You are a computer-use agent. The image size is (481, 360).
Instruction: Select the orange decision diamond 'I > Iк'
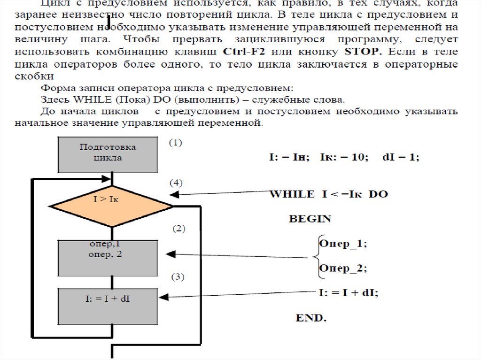[x=111, y=206]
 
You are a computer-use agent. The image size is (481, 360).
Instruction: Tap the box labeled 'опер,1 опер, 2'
[x=108, y=258]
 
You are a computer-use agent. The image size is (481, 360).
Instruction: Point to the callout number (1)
[x=175, y=143]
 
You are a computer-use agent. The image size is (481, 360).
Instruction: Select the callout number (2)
[x=178, y=229]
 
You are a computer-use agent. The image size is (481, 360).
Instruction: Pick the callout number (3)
[x=177, y=276]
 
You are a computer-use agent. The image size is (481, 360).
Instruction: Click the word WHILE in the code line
[x=291, y=194]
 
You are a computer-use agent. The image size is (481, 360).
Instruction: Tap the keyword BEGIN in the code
[x=310, y=219]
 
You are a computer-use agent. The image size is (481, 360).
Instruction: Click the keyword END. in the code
[x=310, y=318]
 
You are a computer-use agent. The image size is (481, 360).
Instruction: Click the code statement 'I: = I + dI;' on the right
[x=348, y=293]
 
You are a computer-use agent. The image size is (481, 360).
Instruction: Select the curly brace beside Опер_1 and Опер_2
[x=316, y=256]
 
